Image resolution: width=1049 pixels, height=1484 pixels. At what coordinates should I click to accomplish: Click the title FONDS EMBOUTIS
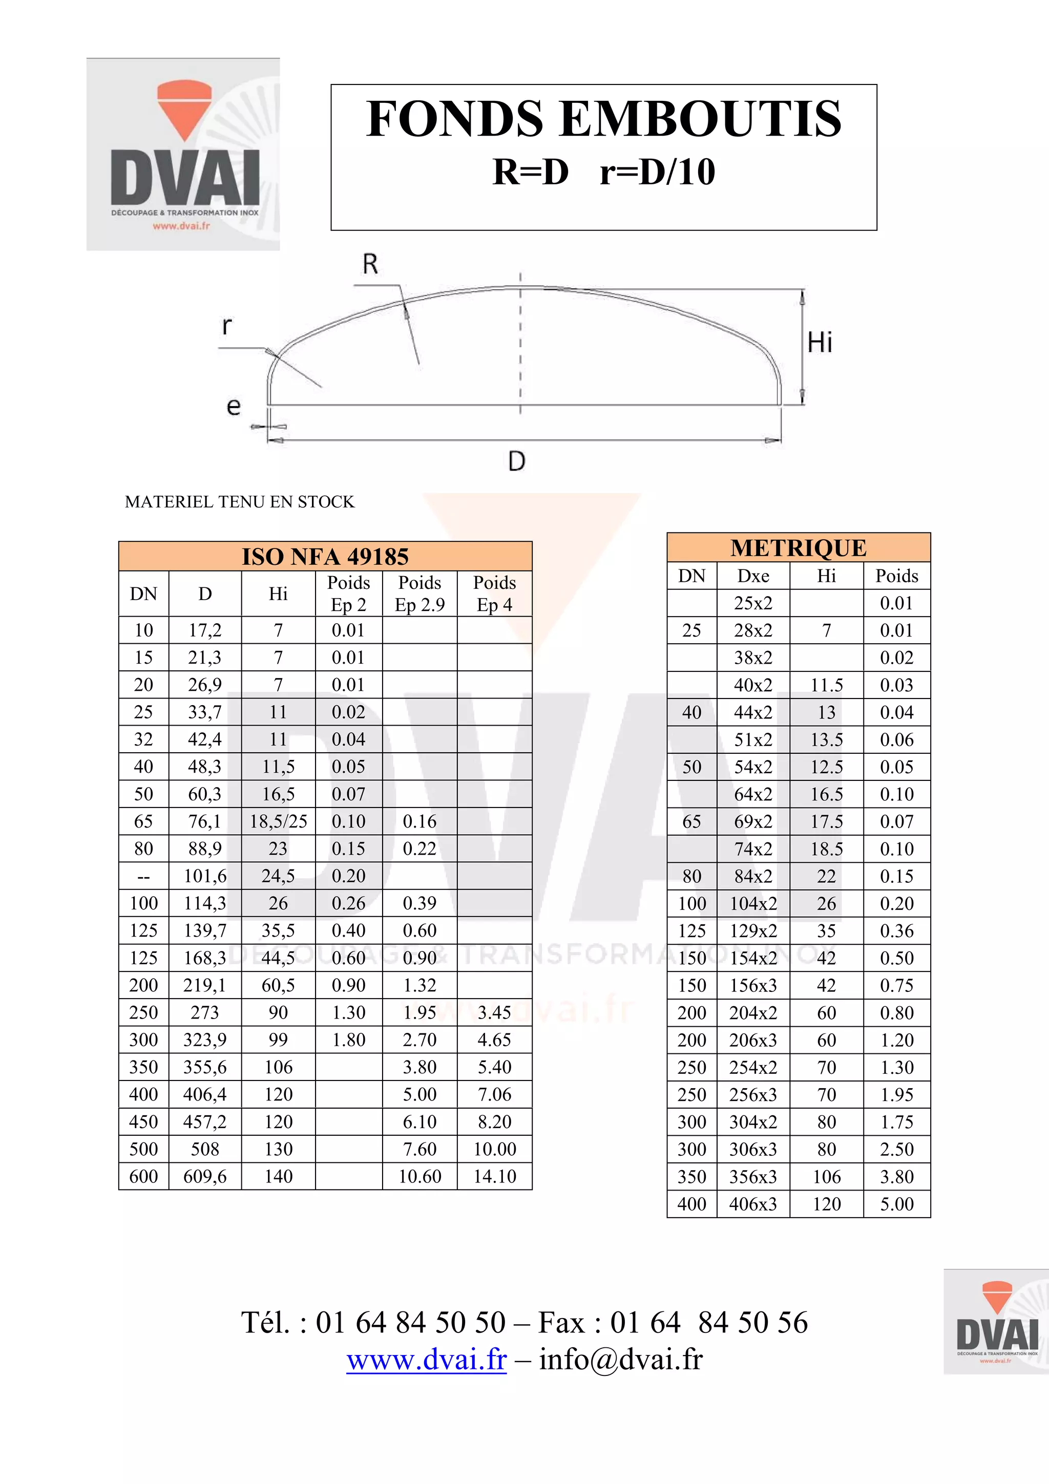pos(604,120)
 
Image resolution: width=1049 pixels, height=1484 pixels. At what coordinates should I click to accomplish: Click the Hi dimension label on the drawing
pos(820,342)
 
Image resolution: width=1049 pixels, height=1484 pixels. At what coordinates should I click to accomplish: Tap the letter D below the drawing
pos(516,461)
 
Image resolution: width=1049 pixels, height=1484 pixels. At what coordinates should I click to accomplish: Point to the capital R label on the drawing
pos(370,264)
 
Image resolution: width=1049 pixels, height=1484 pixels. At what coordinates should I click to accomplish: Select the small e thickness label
pos(234,407)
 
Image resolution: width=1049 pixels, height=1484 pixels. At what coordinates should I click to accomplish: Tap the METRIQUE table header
pos(798,547)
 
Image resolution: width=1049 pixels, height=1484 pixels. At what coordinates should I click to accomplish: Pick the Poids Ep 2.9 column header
pos(419,593)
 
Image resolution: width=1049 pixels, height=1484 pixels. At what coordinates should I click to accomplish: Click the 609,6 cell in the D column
pos(205,1176)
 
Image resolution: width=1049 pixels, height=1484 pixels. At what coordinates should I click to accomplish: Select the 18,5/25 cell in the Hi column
pos(279,821)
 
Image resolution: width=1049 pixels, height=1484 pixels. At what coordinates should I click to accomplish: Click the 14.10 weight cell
pos(494,1176)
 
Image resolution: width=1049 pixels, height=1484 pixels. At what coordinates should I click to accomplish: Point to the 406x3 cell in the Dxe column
pos(753,1203)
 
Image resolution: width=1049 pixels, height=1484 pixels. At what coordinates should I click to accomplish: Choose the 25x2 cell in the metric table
pos(753,603)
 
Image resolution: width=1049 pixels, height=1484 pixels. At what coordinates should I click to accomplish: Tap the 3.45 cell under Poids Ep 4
pos(494,1012)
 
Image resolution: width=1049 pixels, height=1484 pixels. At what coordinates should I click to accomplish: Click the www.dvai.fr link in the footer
pos(427,1359)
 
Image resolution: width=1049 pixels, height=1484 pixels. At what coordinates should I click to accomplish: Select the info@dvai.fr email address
pos(620,1359)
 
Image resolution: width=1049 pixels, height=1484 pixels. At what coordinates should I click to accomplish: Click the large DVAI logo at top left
pos(183,155)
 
